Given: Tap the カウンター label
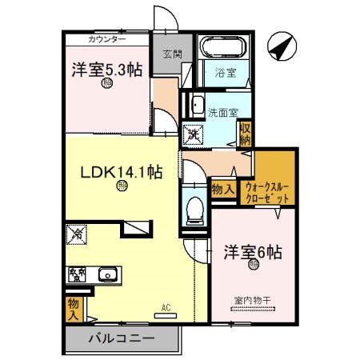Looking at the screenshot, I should point(107,39).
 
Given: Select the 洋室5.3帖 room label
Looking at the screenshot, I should point(108,70).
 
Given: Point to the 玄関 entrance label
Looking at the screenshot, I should point(171,54).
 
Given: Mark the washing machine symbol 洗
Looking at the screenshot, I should point(194,134).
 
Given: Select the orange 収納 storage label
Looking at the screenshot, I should point(245,132).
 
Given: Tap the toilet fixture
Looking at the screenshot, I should point(193,210).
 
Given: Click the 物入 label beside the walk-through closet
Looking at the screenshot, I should point(222,190).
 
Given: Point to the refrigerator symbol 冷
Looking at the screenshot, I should point(78,235).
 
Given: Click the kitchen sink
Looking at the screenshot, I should point(107,276).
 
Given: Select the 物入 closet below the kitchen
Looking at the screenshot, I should point(72,307).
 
